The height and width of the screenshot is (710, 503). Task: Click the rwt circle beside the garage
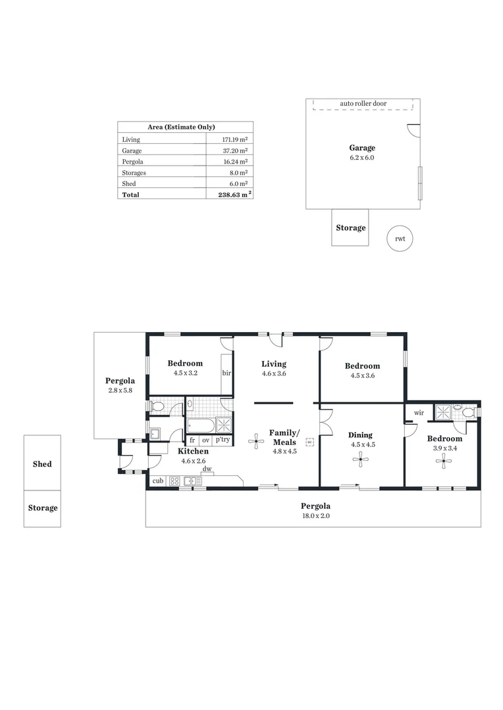[400, 239]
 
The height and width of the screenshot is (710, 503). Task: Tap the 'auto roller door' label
[363, 104]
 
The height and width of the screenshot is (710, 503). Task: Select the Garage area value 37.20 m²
[234, 151]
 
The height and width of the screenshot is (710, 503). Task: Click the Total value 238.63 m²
[234, 195]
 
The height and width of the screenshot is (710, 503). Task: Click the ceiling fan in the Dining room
[359, 461]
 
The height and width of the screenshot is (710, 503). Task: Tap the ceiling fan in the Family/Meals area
[256, 440]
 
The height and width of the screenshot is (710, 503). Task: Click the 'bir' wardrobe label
[226, 373]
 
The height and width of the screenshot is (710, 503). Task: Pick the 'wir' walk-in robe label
[419, 413]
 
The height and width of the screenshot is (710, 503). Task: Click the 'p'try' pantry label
[223, 440]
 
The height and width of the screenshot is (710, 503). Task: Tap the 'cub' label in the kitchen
[157, 481]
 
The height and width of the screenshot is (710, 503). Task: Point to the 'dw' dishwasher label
[207, 469]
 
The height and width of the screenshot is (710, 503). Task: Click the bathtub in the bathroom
[200, 424]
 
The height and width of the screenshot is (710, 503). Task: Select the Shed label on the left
[42, 464]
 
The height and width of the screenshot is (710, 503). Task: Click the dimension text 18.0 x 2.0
[315, 516]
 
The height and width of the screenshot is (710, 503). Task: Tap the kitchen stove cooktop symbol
[174, 481]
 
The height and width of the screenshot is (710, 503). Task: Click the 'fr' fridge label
[192, 440]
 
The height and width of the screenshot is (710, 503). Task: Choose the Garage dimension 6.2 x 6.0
[362, 158]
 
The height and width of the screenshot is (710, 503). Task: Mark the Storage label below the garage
[350, 228]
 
